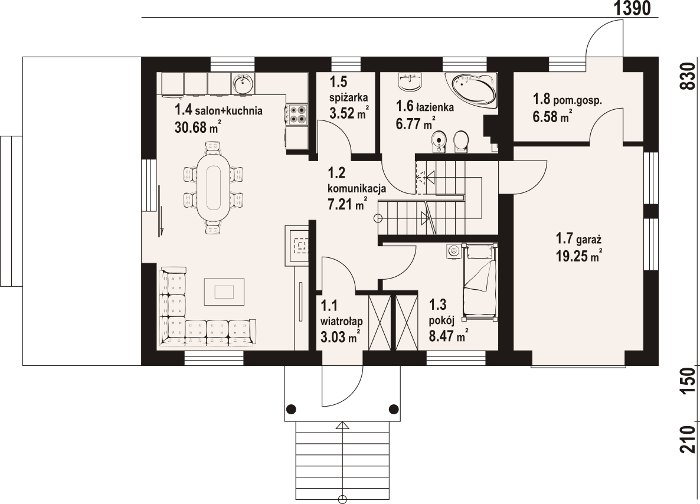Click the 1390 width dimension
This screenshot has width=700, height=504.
point(632,8)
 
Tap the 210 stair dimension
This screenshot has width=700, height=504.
point(689,439)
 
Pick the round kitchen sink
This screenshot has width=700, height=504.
point(243,83)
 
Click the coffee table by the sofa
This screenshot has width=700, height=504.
point(224,291)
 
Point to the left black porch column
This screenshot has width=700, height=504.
point(291,408)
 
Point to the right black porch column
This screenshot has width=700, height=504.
point(393,408)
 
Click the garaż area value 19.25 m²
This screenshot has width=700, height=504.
point(579,257)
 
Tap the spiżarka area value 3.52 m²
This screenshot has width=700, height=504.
point(349,113)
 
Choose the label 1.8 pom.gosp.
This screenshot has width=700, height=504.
point(567,100)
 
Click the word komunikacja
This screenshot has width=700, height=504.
point(356,188)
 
